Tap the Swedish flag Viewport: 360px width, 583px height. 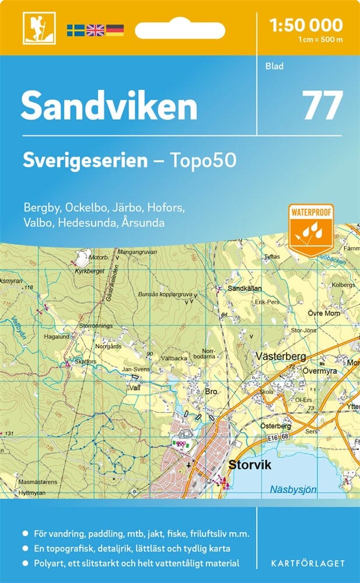[x=76, y=30]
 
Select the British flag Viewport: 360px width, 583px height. [x=95, y=30]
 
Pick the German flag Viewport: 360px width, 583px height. [x=114, y=30]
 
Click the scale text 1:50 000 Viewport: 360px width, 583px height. [x=306, y=24]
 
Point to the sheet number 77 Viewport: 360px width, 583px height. [x=322, y=105]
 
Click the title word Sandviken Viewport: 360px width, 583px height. [x=109, y=107]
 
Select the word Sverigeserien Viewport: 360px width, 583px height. [x=85, y=160]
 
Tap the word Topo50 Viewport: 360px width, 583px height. [x=207, y=160]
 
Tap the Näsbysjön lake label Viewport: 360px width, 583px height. [x=293, y=490]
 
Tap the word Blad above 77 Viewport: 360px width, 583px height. [x=274, y=66]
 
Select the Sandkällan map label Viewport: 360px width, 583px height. [x=245, y=288]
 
